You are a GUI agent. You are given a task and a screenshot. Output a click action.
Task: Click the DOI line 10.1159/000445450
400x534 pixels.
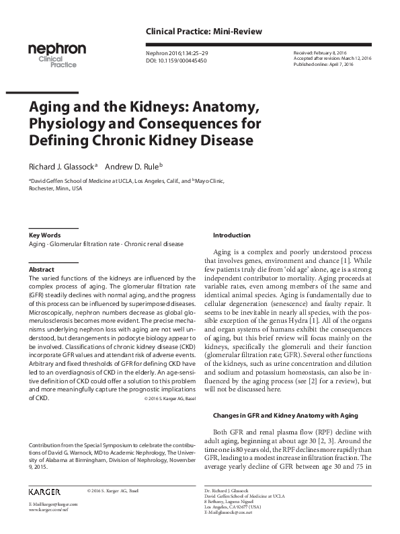tap(176, 61)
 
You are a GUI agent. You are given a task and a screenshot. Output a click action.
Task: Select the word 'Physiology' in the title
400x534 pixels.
tap(69, 124)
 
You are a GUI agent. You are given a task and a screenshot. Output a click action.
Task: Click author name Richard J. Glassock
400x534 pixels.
tap(61, 166)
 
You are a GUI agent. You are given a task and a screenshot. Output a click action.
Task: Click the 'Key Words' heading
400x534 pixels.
tap(44, 235)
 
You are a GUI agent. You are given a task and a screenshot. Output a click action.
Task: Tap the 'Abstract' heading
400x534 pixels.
tap(41, 269)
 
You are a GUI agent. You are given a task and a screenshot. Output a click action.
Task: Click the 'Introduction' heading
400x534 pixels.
tap(232, 235)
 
